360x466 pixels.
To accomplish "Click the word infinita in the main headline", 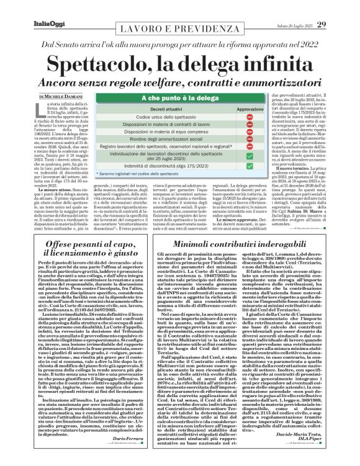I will click(274, 65).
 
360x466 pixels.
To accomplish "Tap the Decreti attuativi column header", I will click(149, 109).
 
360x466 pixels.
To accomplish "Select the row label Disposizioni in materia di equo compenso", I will click(149, 131).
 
